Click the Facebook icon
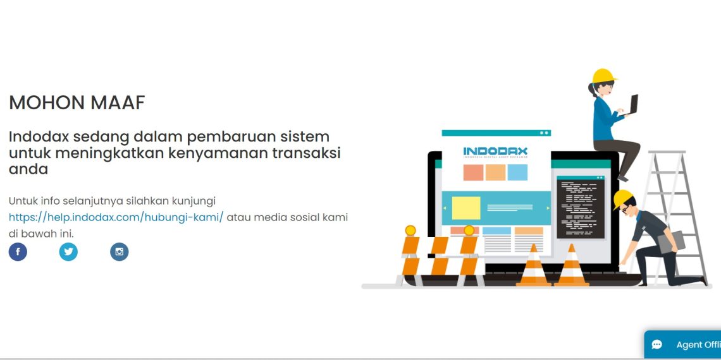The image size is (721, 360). pyautogui.click(x=18, y=252)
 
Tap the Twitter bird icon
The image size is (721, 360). pyautogui.click(x=68, y=252)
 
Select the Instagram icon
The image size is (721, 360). pyautogui.click(x=119, y=252)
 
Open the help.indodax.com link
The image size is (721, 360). pyautogui.click(x=116, y=217)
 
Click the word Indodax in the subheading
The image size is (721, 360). pyautogui.click(x=39, y=136)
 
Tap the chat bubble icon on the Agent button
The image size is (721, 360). pyautogui.click(x=657, y=344)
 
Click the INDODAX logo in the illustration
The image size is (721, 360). pyautogui.click(x=495, y=152)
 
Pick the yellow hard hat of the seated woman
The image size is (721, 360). pyautogui.click(x=603, y=76)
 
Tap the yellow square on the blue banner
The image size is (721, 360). pyautogui.click(x=466, y=208)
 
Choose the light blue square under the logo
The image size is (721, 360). pyautogui.click(x=517, y=172)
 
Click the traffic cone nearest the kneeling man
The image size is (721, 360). pyautogui.click(x=572, y=266)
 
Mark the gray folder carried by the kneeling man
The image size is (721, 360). pyautogui.click(x=670, y=243)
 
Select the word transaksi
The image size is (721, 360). pyautogui.click(x=312, y=153)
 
